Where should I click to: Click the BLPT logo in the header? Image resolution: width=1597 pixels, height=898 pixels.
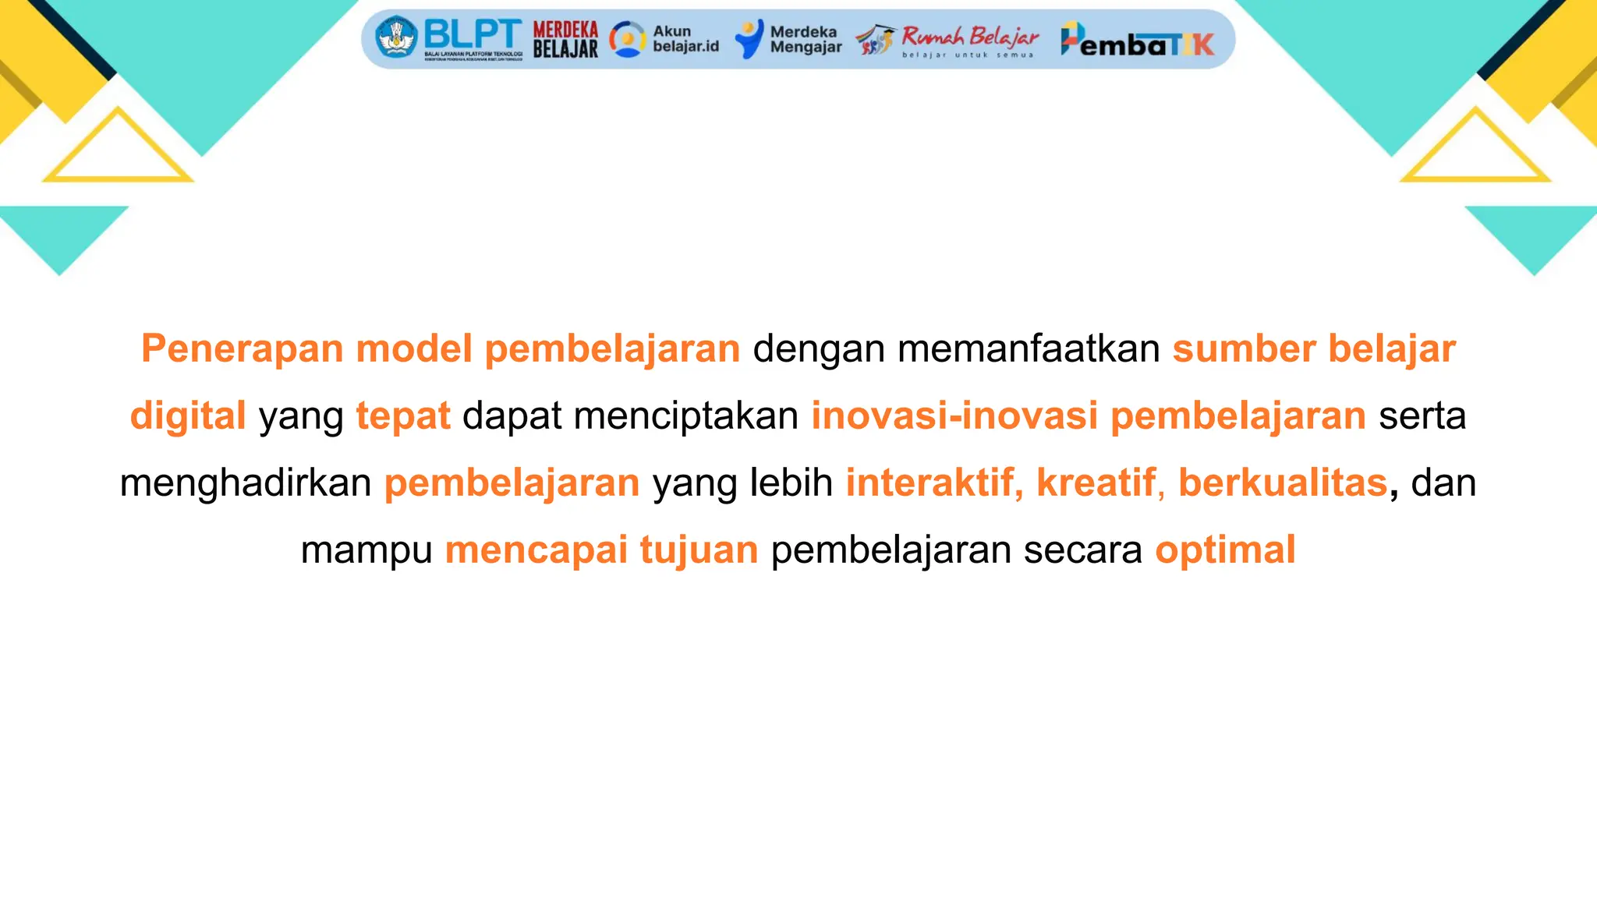(448, 39)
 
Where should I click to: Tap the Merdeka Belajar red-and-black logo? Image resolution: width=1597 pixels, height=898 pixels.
(565, 40)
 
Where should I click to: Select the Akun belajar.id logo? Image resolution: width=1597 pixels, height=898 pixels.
(664, 39)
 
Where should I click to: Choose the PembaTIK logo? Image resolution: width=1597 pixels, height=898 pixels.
(1138, 41)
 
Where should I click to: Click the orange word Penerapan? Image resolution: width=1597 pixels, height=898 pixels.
(242, 348)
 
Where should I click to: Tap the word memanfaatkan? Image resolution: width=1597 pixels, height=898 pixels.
(1029, 348)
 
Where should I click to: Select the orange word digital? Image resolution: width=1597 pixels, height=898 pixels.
(188, 415)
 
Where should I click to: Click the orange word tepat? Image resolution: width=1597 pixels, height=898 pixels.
(403, 415)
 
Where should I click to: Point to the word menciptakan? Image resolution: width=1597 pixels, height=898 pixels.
(686, 415)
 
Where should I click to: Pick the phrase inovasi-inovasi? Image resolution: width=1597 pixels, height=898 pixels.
(954, 415)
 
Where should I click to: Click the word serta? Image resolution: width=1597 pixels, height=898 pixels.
(1422, 415)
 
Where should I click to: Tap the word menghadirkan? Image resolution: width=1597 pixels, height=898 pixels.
(246, 483)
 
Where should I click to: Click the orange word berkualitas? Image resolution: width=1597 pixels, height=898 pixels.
(1283, 483)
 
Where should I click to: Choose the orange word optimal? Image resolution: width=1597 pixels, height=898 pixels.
(1225, 550)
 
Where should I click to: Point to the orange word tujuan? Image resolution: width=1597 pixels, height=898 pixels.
(699, 550)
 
